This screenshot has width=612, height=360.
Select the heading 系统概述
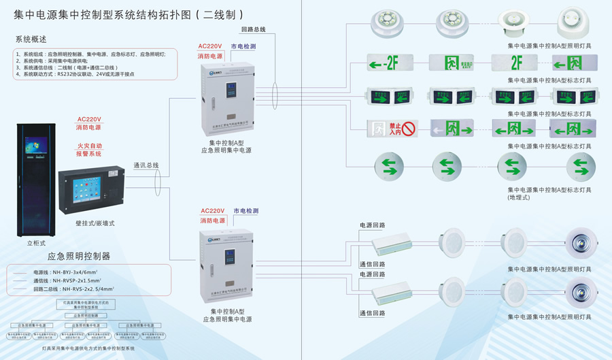tap(31, 39)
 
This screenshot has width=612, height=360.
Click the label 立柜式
tap(35, 242)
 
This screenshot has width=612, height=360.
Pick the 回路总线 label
tap(253, 30)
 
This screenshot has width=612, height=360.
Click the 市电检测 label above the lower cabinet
tap(245, 211)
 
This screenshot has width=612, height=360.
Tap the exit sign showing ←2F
tap(391, 65)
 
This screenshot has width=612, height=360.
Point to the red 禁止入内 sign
tap(391, 127)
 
